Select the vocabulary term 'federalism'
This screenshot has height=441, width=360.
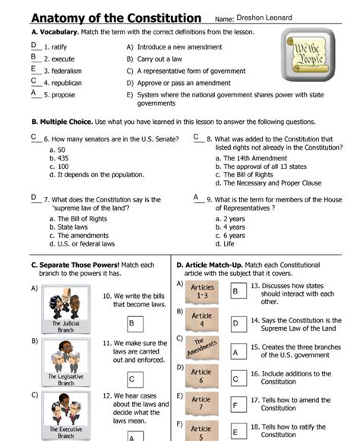pos(62,70)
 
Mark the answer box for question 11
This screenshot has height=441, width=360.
pos(135,378)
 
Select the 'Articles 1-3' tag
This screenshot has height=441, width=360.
pos(202,290)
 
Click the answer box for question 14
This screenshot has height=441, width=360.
pos(235,323)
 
